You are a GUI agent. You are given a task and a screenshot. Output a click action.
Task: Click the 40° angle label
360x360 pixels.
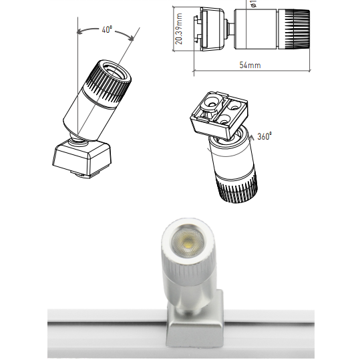pos(108,30)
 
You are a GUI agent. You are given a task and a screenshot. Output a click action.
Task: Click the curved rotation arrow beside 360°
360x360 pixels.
pos(252,136)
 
